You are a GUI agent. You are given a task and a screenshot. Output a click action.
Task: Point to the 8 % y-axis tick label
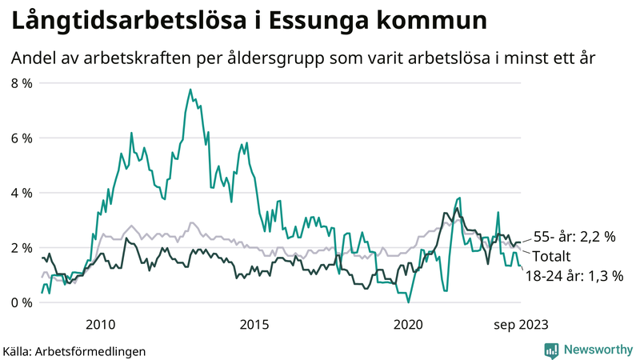[21, 83]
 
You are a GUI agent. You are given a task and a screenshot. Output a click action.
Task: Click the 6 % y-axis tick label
[21, 138]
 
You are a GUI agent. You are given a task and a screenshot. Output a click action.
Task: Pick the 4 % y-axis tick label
[21, 193]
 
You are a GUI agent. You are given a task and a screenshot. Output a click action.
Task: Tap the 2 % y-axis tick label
[21, 248]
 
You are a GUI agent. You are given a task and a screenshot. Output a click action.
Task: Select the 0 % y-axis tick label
[21, 302]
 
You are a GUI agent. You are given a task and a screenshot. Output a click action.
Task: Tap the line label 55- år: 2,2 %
[574, 237]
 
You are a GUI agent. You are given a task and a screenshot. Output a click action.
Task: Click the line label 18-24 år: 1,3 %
[574, 276]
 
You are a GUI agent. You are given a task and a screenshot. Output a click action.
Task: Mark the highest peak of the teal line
[190, 90]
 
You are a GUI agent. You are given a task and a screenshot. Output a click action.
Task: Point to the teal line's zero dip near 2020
[408, 302]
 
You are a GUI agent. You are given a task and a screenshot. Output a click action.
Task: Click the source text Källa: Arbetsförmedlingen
[74, 350]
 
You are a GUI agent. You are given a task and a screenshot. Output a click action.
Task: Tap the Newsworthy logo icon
[551, 350]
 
